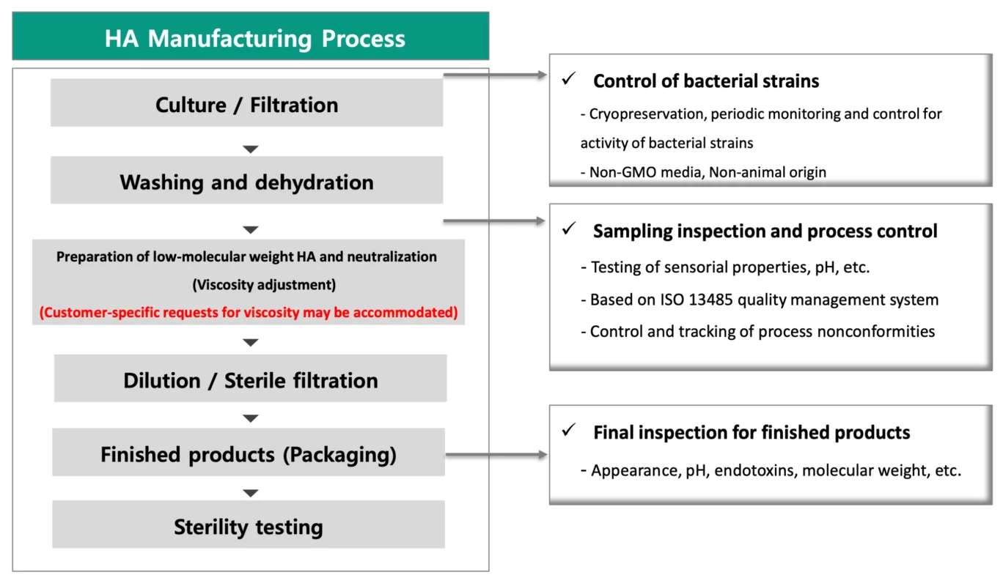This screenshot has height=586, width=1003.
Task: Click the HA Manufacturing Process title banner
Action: point(251,36)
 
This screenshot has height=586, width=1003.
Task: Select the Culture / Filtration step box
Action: point(247,103)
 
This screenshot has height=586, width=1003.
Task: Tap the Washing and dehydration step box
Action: point(247,180)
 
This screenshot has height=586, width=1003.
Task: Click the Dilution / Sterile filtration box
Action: point(250,379)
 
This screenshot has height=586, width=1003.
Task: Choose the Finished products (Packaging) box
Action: point(249,452)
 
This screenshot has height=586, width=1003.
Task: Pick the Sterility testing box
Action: point(249,524)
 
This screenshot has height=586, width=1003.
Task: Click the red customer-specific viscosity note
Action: point(249,312)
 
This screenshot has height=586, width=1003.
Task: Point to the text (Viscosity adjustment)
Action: point(264,284)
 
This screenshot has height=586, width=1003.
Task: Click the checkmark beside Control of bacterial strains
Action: point(569,78)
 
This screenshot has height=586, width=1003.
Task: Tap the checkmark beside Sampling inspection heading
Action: point(569,229)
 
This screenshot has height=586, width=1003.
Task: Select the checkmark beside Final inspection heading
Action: point(569,430)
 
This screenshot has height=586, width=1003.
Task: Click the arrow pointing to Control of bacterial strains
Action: point(495,75)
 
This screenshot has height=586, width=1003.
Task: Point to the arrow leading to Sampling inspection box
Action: point(494,220)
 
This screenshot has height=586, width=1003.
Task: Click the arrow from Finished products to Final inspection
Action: point(496,455)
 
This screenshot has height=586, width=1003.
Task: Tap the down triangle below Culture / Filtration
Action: point(251,149)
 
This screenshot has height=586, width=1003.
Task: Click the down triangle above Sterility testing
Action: point(251,493)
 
